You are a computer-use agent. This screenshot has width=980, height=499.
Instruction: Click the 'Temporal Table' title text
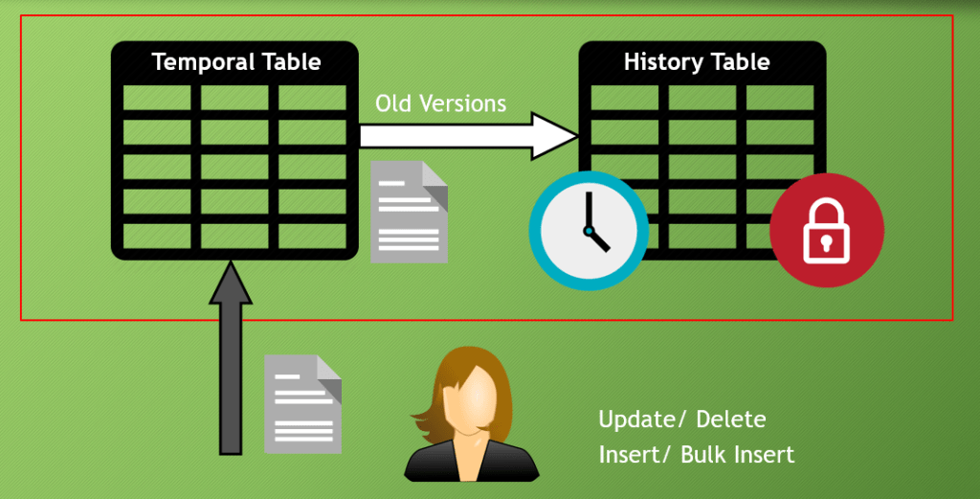[x=236, y=63]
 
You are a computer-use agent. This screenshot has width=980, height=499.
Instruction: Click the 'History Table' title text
[x=697, y=62]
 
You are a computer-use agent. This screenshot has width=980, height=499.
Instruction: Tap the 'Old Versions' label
[x=440, y=102]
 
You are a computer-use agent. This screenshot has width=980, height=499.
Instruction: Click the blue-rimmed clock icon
[x=583, y=231]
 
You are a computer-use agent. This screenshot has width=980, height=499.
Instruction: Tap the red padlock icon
[x=827, y=231]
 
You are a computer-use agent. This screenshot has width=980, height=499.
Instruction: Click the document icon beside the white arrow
[x=409, y=212]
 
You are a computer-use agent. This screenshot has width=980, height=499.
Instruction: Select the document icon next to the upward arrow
[x=302, y=403]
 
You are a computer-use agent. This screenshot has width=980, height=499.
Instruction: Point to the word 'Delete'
[x=731, y=420]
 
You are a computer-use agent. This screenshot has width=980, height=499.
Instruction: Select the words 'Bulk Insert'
[x=737, y=454]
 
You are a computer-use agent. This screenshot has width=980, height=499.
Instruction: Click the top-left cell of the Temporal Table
[x=158, y=97]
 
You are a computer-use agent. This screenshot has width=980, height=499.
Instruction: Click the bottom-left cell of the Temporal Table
[x=158, y=235]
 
